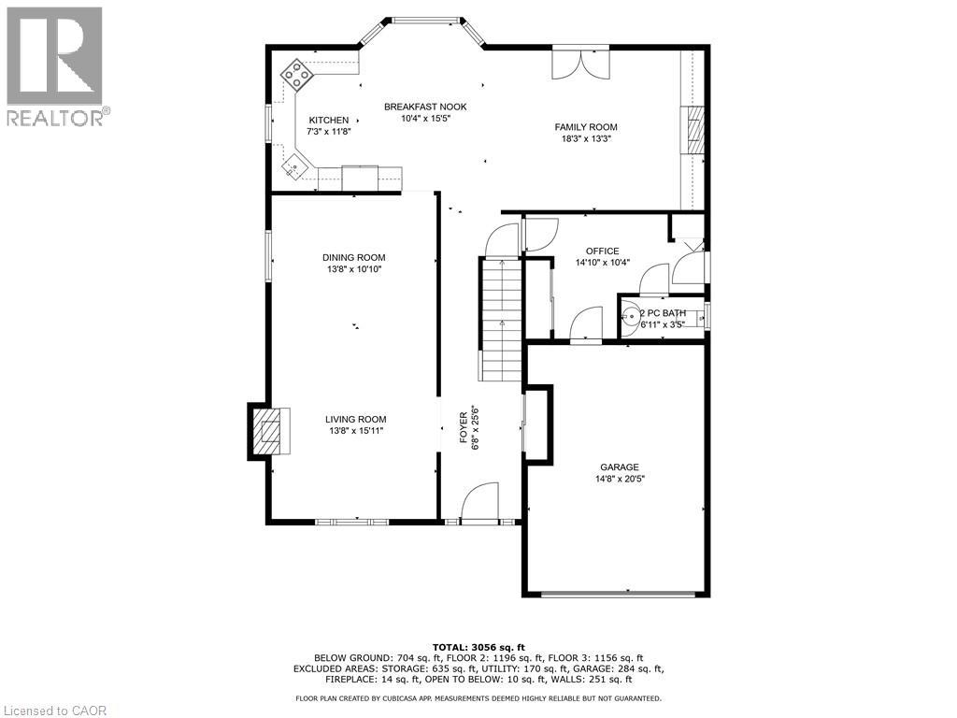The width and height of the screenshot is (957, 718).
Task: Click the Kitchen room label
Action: (x=328, y=120)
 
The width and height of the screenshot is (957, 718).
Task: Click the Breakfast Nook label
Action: (x=425, y=107)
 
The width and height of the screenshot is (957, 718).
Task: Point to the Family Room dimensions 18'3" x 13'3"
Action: (x=586, y=138)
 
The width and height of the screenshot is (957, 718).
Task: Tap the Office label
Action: (x=602, y=251)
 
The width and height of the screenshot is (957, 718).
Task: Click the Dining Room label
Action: (x=353, y=257)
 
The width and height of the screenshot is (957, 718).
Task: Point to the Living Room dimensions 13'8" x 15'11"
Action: (x=355, y=430)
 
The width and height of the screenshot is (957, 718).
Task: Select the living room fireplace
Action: (x=268, y=431)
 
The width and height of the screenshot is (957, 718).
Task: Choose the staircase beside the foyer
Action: (x=501, y=318)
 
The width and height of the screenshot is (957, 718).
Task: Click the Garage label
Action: (x=619, y=467)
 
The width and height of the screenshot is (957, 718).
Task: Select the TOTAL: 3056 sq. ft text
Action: (x=478, y=647)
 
